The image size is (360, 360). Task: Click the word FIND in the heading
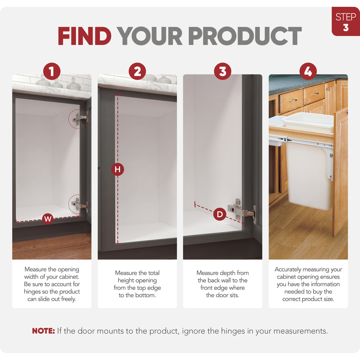(85, 36)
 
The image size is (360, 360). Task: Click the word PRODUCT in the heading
(245, 36)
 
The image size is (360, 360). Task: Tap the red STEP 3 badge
(346, 22)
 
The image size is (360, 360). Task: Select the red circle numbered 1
(52, 71)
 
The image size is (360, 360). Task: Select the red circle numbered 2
(137, 71)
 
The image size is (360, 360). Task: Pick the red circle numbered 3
(223, 71)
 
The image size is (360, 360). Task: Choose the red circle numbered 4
(308, 71)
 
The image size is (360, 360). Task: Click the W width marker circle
(48, 219)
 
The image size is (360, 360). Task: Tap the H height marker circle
(118, 169)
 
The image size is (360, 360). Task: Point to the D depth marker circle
(220, 214)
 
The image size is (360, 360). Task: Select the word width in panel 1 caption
(32, 277)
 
